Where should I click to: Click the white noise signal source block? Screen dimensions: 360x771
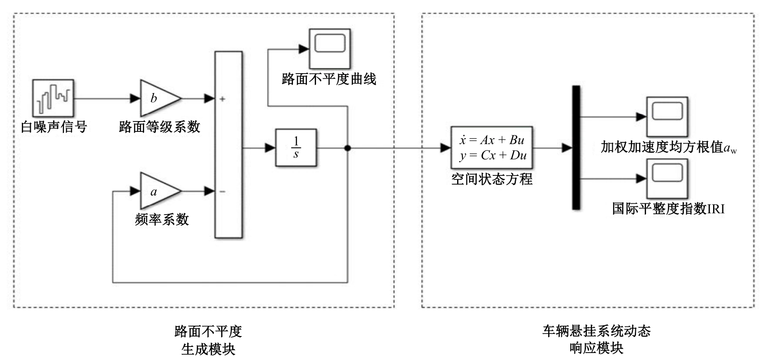[53, 98]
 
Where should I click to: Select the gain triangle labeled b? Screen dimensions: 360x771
[157, 98]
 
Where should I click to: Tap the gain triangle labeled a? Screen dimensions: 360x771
[157, 191]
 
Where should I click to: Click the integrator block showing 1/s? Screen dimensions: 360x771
[296, 148]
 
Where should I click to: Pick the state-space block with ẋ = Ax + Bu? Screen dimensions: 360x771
[492, 148]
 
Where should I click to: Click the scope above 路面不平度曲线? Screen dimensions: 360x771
[330, 48]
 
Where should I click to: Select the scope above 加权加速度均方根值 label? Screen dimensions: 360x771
[667, 117]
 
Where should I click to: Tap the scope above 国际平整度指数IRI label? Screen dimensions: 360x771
[667, 178]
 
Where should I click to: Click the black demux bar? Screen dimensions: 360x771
[576, 148]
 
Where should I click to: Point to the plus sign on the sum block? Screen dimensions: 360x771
[222, 99]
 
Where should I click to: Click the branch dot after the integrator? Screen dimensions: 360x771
[347, 148]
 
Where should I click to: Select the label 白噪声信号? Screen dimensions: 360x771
[54, 127]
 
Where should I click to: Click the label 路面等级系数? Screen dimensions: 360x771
[159, 127]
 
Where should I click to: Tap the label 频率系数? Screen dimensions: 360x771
[162, 219]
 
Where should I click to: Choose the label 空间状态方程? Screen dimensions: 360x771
[492, 179]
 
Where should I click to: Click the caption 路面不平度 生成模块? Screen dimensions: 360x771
[208, 340]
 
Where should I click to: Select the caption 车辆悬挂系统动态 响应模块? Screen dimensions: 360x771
[596, 340]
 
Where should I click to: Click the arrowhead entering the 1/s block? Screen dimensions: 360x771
[270, 148]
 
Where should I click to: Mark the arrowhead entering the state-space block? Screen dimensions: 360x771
[445, 148]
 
